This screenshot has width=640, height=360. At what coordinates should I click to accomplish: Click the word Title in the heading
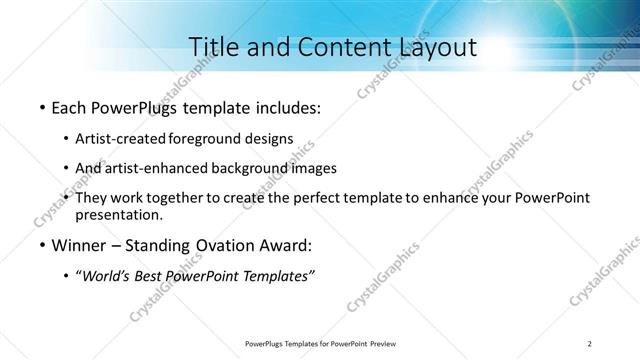point(214,46)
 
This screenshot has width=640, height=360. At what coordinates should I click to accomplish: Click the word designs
point(268,138)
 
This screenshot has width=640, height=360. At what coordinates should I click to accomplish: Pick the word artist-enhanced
point(153,168)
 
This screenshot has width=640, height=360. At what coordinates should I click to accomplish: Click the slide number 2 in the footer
point(590,344)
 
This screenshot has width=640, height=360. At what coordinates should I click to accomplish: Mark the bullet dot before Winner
point(41,245)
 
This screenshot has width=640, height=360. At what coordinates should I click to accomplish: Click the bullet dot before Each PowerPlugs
point(41,106)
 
